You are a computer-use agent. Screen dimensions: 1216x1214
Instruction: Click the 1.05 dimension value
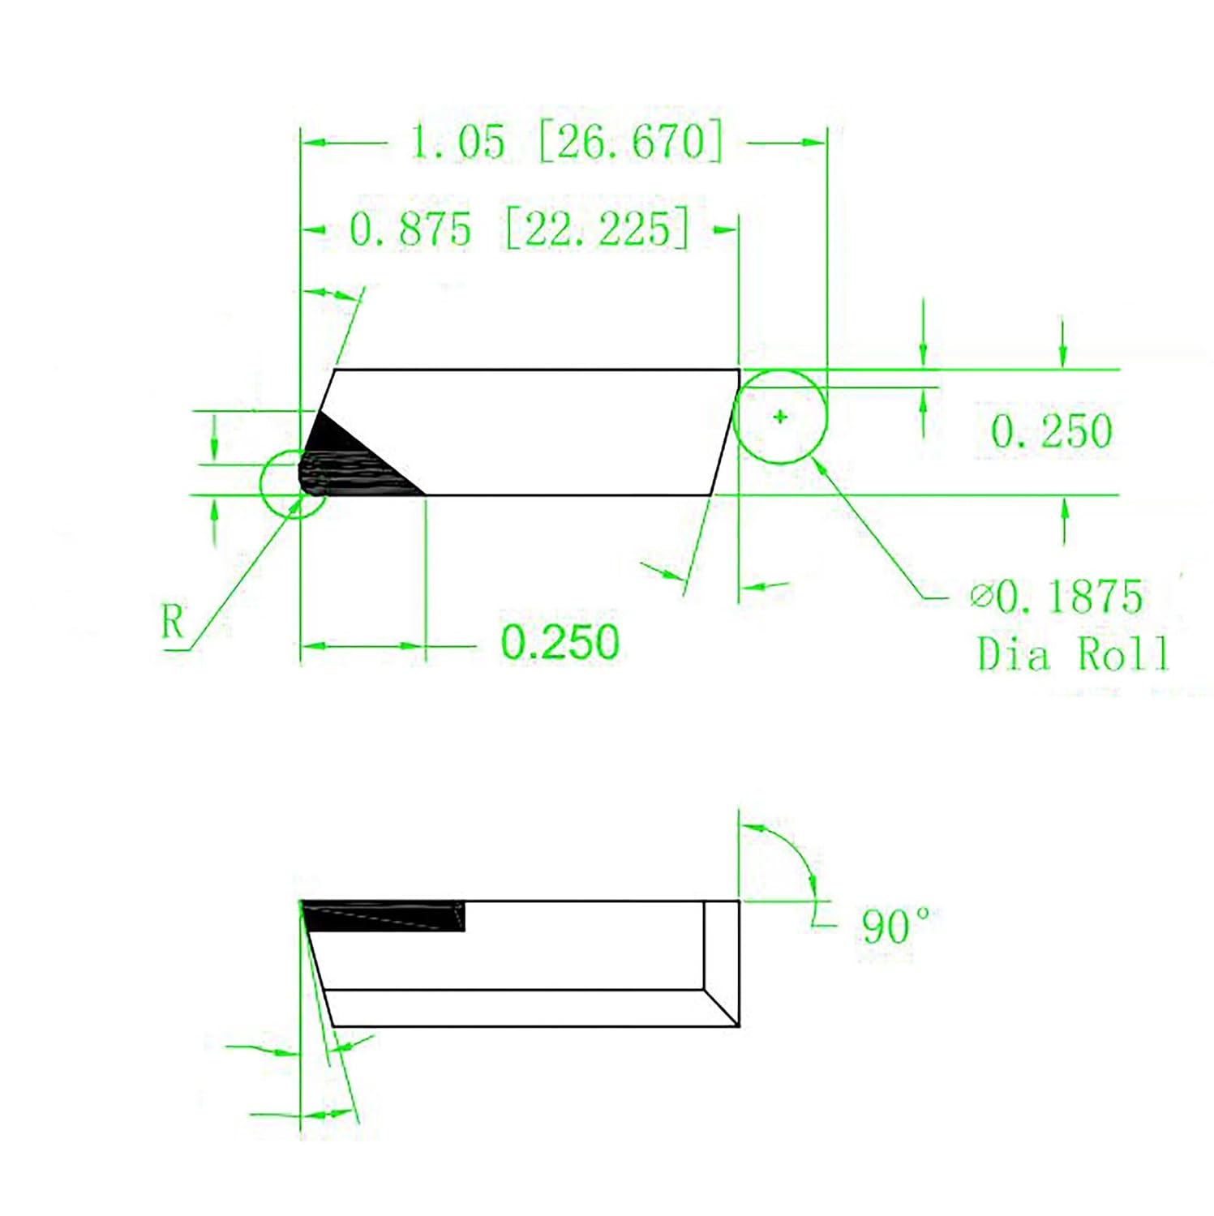click(x=457, y=142)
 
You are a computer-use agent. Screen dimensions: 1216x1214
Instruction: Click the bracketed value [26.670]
click(x=630, y=142)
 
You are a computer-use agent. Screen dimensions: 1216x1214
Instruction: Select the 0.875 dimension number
click(x=410, y=229)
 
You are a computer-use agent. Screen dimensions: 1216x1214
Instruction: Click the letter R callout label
click(x=173, y=623)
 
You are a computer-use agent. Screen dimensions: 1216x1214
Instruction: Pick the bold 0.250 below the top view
click(x=560, y=642)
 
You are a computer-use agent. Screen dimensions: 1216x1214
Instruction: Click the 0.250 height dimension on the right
click(x=1051, y=430)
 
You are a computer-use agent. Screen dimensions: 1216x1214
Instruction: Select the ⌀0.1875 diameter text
click(x=1057, y=597)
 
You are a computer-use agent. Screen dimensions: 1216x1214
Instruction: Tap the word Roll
click(x=1122, y=653)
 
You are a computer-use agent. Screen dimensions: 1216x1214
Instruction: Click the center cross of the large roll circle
click(x=780, y=417)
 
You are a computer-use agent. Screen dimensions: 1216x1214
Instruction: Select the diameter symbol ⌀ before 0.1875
click(x=981, y=597)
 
